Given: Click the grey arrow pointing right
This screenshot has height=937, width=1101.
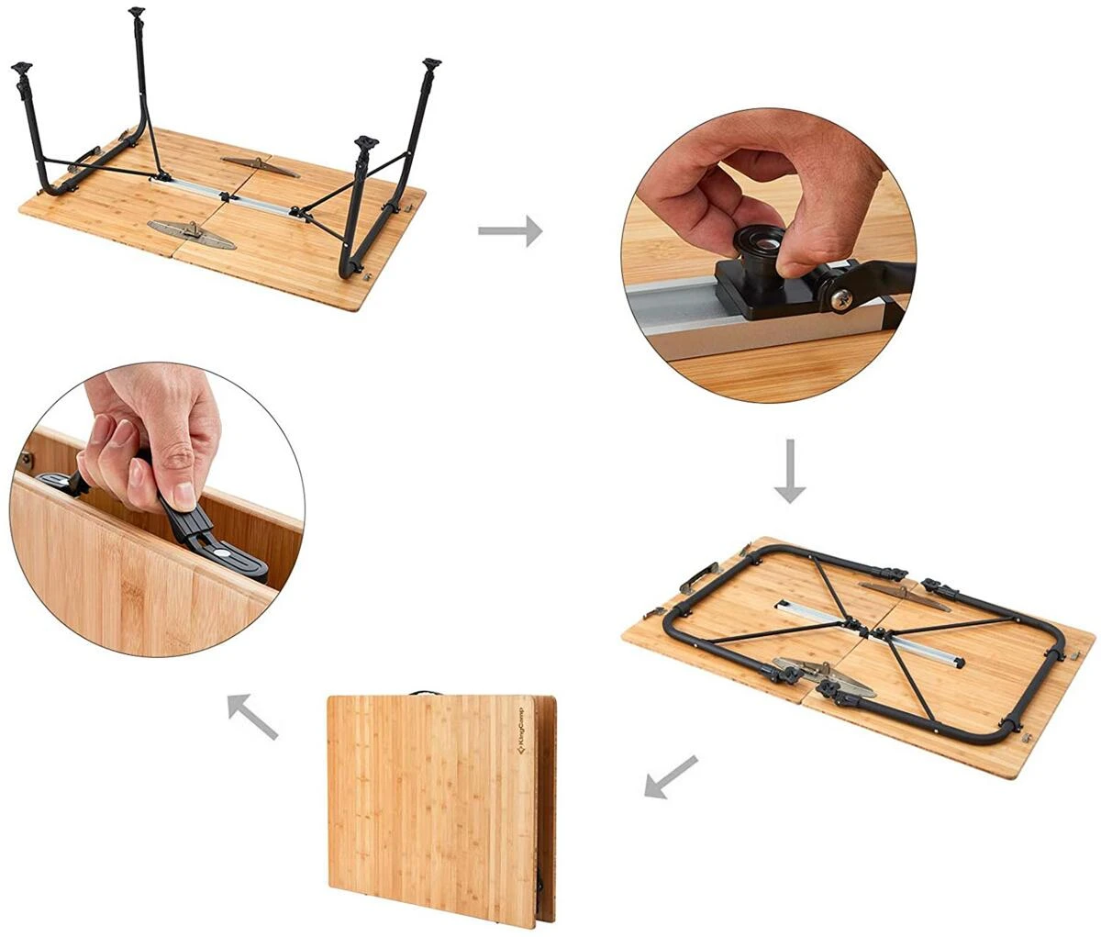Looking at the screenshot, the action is coord(510,230).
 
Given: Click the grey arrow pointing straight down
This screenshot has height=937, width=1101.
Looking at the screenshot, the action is coord(789,471).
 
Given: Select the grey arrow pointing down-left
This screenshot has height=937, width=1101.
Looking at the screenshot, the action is coord(671,776).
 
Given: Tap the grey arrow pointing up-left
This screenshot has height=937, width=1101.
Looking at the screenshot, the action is coord(253,717).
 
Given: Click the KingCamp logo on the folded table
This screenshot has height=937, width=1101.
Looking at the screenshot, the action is coord(519,733).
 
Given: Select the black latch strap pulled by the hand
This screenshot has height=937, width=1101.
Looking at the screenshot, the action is coord(207,538).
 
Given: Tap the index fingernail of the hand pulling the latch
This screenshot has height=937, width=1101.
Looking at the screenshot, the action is coord(183,496).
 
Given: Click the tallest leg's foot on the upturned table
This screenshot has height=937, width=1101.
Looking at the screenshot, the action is coord(137,12).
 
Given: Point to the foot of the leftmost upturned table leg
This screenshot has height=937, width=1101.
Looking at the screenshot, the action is coord(22,68).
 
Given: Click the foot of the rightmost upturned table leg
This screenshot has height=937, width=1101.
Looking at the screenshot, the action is coord(431,64).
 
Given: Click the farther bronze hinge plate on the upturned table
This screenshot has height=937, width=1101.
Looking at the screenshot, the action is coord(261,166).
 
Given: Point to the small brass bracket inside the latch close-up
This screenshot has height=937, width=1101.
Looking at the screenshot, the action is coord(27,458).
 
